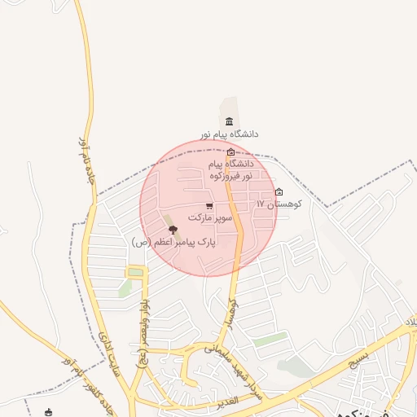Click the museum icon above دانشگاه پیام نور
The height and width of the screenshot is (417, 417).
click(x=229, y=121)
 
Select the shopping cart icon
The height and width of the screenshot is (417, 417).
click(x=209, y=206)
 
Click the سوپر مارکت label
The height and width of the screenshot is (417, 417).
click(x=210, y=218)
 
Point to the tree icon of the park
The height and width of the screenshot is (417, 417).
click(x=171, y=230)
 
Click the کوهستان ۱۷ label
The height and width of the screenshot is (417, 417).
click(x=279, y=204)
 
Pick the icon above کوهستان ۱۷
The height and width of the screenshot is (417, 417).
click(x=279, y=192)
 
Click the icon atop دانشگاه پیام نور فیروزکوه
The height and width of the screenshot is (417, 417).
click(x=231, y=152)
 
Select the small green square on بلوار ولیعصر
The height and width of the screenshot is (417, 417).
click(x=135, y=272)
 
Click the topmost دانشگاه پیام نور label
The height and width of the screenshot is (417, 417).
click(x=230, y=134)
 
